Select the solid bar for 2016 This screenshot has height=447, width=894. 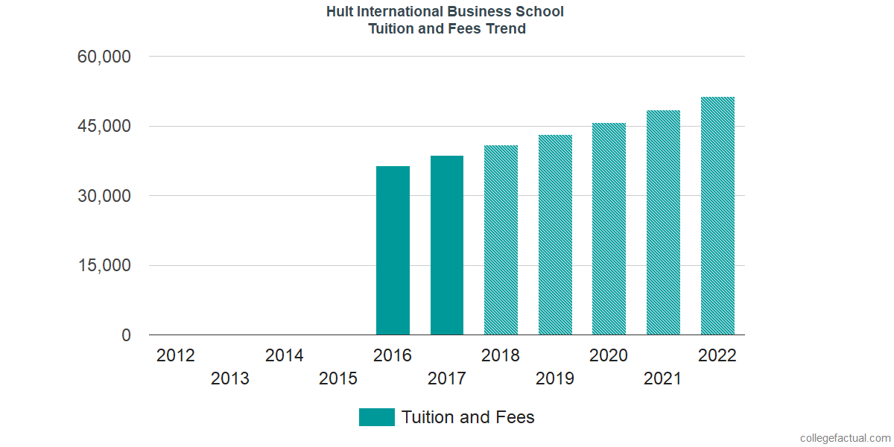393,250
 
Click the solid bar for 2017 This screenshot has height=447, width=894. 447,245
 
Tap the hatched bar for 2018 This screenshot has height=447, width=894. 501,240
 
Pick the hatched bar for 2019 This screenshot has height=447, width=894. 555,235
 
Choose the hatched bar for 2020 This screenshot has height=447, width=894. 609,229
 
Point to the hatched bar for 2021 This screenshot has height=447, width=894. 663,223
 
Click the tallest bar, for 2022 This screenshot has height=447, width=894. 717,216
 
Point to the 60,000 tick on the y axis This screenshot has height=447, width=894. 104,57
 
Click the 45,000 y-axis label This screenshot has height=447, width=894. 104,126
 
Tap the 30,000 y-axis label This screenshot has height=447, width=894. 104,196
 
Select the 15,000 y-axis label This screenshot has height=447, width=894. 104,266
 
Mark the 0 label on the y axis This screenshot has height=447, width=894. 125,335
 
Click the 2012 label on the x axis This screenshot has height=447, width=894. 176,355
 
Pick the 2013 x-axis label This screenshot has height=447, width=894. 230,379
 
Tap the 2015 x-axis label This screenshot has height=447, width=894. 338,379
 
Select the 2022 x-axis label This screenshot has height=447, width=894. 717,355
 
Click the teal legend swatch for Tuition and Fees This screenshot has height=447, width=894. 376,417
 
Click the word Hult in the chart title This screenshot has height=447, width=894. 340,12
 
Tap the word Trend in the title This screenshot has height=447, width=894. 506,29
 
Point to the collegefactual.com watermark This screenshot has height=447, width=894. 845,438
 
